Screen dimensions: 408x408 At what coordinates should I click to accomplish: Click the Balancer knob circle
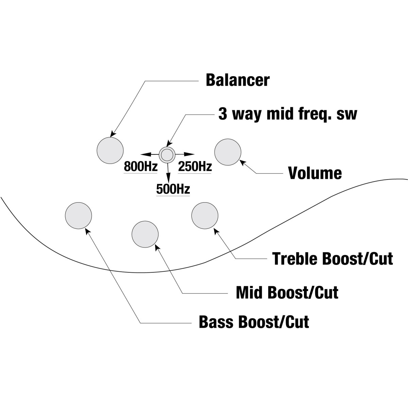[110, 150]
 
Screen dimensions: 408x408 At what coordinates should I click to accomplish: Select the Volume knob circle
[228, 152]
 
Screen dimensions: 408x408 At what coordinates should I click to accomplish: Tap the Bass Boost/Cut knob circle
[78, 216]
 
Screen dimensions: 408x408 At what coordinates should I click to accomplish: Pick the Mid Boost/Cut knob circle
[145, 234]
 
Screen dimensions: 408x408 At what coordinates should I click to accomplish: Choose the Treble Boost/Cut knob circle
[205, 216]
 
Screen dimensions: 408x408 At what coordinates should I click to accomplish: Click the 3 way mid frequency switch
[167, 155]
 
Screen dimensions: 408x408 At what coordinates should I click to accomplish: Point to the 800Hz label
[140, 166]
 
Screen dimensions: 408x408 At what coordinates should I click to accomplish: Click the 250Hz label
[195, 166]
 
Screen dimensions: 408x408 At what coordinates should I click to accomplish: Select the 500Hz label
[173, 189]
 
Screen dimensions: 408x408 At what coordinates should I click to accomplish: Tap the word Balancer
[238, 80]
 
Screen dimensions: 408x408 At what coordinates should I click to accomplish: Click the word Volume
[315, 173]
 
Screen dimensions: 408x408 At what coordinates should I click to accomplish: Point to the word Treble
[296, 258]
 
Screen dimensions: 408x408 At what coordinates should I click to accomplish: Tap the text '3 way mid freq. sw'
[288, 115]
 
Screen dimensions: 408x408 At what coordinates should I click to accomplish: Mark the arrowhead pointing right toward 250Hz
[189, 154]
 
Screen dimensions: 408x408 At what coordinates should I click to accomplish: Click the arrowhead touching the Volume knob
[243, 163]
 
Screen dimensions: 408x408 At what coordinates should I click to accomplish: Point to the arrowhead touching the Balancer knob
[114, 134]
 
